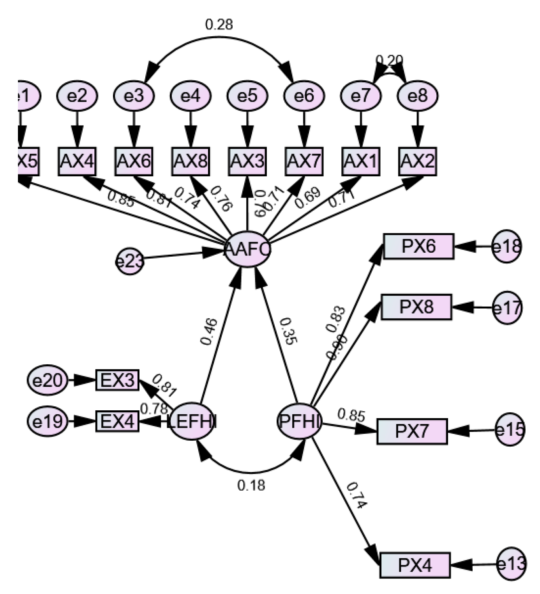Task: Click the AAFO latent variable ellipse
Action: pyautogui.click(x=247, y=250)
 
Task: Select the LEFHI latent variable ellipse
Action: pyautogui.click(x=193, y=422)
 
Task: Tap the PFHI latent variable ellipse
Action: pyautogui.click(x=299, y=421)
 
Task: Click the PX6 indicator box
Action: pyautogui.click(x=418, y=246)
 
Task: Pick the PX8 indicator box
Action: pyautogui.click(x=416, y=307)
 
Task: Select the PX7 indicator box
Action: pyautogui.click(x=412, y=431)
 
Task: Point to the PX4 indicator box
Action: pyautogui.click(x=415, y=565)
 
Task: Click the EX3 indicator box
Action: pyautogui.click(x=117, y=380)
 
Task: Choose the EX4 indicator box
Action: pyautogui.click(x=117, y=422)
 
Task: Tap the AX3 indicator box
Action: pyautogui.click(x=247, y=161)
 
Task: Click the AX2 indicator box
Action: pyautogui.click(x=418, y=161)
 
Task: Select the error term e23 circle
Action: pyautogui.click(x=130, y=261)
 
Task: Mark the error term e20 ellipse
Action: pyautogui.click(x=48, y=380)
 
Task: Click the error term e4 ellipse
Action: pyautogui.click(x=191, y=96)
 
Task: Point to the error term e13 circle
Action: pyautogui.click(x=512, y=564)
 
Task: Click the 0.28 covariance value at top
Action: pyautogui.click(x=219, y=24)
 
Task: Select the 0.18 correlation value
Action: pyautogui.click(x=251, y=485)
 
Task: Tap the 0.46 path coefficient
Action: pyautogui.click(x=209, y=332)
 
